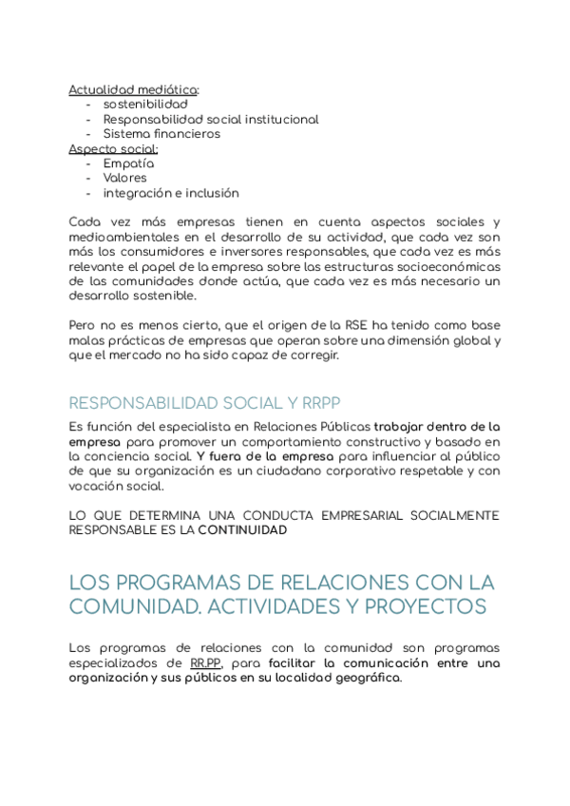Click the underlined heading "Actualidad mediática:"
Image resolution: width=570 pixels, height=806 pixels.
coord(134,89)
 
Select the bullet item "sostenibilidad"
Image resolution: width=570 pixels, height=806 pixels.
coord(145,105)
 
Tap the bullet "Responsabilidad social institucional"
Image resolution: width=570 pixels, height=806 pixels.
coord(211,120)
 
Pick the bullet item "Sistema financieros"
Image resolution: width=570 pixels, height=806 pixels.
coord(161,134)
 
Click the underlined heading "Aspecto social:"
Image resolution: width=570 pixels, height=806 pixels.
coord(113,148)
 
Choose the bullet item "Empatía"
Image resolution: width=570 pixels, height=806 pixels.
coord(128,163)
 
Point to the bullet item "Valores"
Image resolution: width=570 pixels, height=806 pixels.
coord(125,178)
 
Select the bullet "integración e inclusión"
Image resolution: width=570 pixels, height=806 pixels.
coord(171,193)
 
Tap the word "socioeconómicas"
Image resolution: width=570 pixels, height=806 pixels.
coord(446,266)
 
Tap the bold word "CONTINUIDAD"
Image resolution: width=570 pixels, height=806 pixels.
coord(242,530)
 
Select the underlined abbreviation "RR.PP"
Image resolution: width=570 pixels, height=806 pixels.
coord(205,663)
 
